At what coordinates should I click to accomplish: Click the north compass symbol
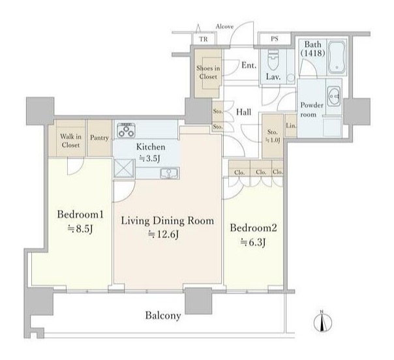pyautogui.click(x=323, y=322)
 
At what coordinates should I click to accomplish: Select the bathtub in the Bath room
pyautogui.click(x=337, y=57)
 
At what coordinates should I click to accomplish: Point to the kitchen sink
pyautogui.click(x=170, y=173)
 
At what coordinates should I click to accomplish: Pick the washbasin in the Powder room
pyautogui.click(x=334, y=97)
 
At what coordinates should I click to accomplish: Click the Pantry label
pyautogui.click(x=99, y=138)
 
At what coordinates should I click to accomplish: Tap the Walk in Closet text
pyautogui.click(x=70, y=141)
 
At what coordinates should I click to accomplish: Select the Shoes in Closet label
pyautogui.click(x=208, y=72)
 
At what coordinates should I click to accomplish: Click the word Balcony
pyautogui.click(x=163, y=316)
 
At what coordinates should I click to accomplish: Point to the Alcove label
pyautogui.click(x=224, y=26)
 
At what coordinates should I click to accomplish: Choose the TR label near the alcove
pyautogui.click(x=204, y=39)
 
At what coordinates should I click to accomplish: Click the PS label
pyautogui.click(x=275, y=39)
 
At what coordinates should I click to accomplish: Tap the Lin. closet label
pyautogui.click(x=291, y=126)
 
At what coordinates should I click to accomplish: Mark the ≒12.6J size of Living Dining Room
pyautogui.click(x=164, y=234)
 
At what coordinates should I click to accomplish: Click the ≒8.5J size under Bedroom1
pyautogui.click(x=80, y=229)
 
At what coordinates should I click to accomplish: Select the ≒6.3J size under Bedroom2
pyautogui.click(x=253, y=243)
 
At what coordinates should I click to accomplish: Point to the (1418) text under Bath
pyautogui.click(x=313, y=53)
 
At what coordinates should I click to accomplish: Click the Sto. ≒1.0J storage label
pyautogui.click(x=273, y=136)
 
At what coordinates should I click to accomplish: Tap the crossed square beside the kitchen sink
pyautogui.click(x=124, y=168)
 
